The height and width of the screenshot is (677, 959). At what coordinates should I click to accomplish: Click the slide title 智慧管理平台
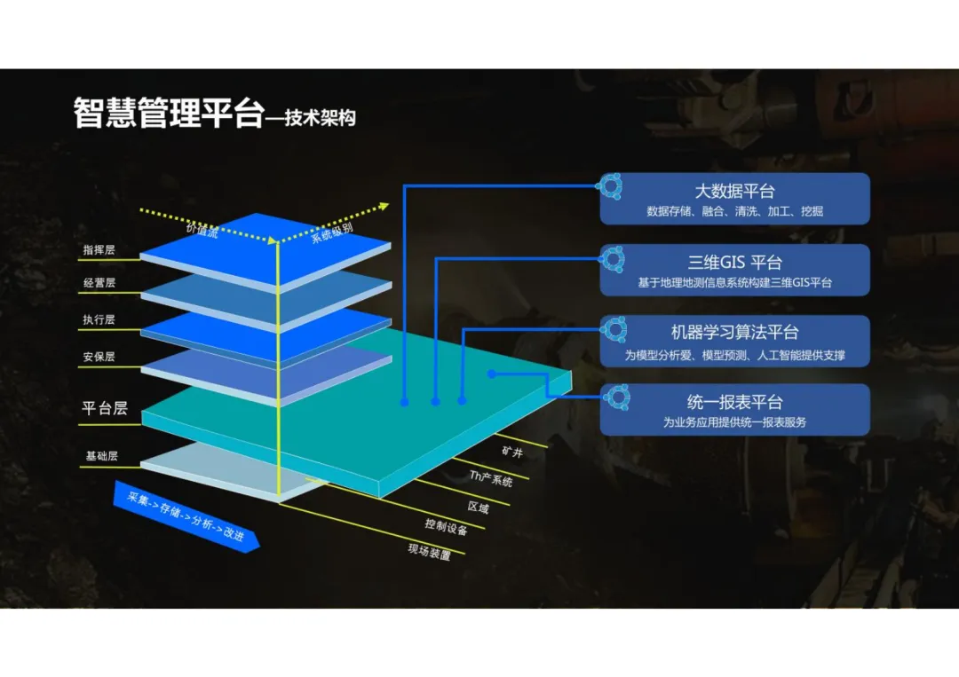(169, 114)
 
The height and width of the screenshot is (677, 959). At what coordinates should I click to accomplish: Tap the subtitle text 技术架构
(320, 117)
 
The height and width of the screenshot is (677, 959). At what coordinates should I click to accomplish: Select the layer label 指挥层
(99, 250)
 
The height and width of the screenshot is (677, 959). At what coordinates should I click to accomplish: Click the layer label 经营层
(99, 283)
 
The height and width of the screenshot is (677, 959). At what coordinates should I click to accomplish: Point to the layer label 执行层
(99, 319)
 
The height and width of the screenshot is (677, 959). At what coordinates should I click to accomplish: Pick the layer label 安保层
(99, 357)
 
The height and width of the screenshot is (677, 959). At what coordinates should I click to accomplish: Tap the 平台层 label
(105, 408)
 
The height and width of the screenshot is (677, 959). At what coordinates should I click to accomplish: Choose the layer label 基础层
(101, 456)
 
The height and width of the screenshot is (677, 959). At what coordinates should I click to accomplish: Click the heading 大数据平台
(734, 191)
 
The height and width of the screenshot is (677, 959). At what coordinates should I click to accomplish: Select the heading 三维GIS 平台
(734, 263)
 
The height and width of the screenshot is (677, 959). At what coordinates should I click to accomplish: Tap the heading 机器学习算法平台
(734, 333)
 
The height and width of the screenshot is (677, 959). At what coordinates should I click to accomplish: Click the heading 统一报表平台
(734, 402)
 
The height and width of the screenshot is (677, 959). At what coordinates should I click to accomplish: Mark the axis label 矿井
(511, 452)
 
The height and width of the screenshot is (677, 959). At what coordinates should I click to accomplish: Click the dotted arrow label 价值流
(202, 229)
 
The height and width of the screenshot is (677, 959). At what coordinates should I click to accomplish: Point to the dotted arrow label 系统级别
(332, 232)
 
